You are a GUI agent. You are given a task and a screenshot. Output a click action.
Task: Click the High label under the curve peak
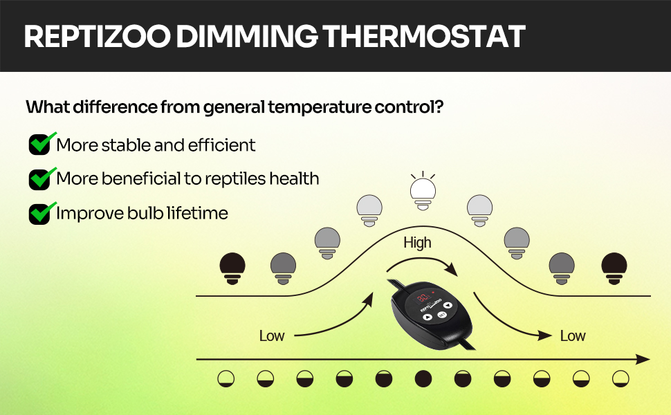(417, 243)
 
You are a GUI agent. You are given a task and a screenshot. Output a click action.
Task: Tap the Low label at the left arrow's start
(272, 336)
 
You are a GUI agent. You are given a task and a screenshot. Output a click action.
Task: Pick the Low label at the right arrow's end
(573, 336)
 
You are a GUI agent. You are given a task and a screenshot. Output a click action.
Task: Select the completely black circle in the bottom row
(423, 379)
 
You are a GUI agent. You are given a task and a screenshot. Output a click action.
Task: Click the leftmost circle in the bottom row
(226, 379)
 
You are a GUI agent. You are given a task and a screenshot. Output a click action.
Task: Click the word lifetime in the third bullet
(197, 213)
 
